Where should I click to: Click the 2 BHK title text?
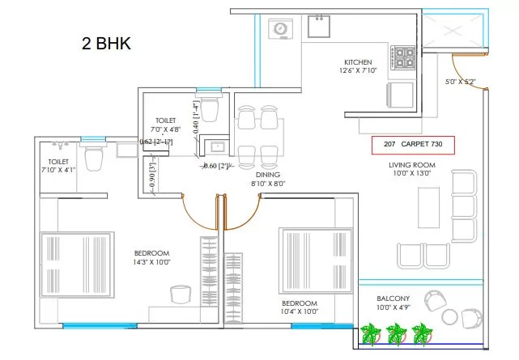[106, 44]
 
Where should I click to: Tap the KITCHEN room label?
[358, 62]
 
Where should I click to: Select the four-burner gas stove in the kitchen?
[403, 58]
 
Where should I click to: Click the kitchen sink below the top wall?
[319, 26]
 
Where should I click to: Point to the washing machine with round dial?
[280, 28]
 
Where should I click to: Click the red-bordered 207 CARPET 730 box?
[413, 145]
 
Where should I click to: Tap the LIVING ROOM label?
[412, 165]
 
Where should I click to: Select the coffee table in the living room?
[428, 208]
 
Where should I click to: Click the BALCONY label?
[393, 299]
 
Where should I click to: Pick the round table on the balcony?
[451, 318]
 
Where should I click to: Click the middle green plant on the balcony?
[396, 333]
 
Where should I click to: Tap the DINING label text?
[268, 175]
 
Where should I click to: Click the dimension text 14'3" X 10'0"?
[151, 262]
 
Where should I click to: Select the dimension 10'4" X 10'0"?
[300, 311]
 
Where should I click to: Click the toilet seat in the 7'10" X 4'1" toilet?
[93, 157]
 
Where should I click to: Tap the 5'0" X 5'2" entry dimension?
[460, 82]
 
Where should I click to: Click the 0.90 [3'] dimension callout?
[152, 175]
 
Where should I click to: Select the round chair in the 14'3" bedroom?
[181, 294]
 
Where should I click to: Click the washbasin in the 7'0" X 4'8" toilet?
[217, 146]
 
